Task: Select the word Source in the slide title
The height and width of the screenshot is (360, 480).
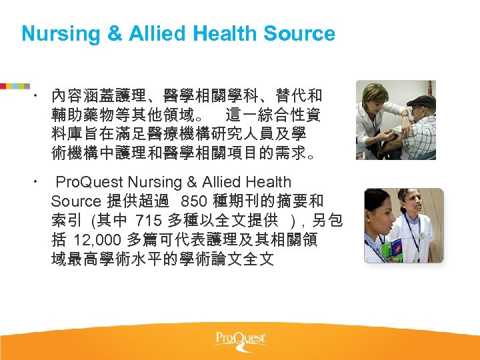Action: (x=299, y=33)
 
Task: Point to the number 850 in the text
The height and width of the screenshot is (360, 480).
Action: (x=194, y=201)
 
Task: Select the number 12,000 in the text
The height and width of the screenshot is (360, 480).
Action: (x=99, y=239)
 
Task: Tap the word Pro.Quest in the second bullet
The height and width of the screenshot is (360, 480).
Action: (x=89, y=181)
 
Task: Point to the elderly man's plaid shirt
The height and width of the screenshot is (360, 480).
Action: (x=420, y=137)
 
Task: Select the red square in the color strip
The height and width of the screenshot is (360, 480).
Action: (x=3, y=86)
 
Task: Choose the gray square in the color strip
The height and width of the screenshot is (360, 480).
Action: (x=27, y=86)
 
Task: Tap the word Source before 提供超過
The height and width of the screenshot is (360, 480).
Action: (x=75, y=201)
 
